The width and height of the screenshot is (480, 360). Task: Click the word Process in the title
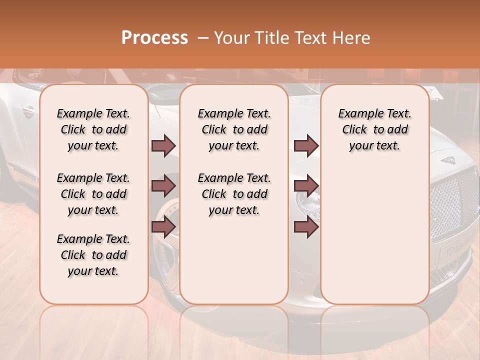[154, 38]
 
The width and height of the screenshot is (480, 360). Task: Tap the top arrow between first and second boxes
[163, 145]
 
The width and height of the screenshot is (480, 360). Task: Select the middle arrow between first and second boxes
[163, 186]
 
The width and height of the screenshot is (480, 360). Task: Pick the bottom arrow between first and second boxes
[163, 227]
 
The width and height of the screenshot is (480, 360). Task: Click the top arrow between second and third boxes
[306, 145]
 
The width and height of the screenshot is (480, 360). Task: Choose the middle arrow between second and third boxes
[306, 186]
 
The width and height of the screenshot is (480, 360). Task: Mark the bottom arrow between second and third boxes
[306, 227]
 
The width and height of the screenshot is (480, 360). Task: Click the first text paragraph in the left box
[93, 129]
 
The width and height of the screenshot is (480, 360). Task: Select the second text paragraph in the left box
[93, 194]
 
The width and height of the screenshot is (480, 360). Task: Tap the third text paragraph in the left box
[93, 255]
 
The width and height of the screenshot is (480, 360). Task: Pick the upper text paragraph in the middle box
[234, 129]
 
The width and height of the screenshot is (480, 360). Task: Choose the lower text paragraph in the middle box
[234, 194]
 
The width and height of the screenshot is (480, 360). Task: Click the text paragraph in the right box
[374, 129]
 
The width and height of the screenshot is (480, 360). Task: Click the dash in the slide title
[202, 38]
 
